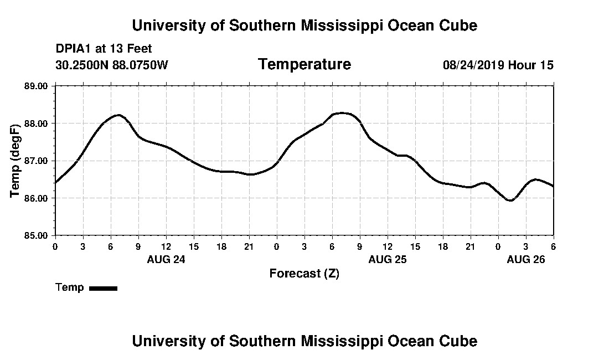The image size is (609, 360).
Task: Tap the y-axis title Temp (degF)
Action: [x=16, y=161]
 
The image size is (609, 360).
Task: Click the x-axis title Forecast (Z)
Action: [x=304, y=273]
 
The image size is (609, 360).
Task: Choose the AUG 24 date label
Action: [x=166, y=259]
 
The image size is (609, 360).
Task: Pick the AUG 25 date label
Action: [x=387, y=259]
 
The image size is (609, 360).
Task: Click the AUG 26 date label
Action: [x=526, y=259]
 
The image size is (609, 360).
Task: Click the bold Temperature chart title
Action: [x=304, y=64]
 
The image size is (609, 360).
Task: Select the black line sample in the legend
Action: [x=103, y=288]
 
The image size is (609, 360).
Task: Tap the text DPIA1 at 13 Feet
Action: [x=104, y=49]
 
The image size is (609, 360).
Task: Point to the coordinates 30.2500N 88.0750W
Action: [x=111, y=65]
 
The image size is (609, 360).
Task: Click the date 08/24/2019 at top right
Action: [x=473, y=65]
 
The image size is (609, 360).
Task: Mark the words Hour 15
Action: [x=531, y=65]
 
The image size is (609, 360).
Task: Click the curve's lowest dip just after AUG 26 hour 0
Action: [x=510, y=200]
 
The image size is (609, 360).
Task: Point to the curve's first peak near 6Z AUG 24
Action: [x=118, y=115]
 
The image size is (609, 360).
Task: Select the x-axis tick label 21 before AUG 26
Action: [x=470, y=246]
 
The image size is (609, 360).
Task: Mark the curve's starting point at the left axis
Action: [x=55, y=182]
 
